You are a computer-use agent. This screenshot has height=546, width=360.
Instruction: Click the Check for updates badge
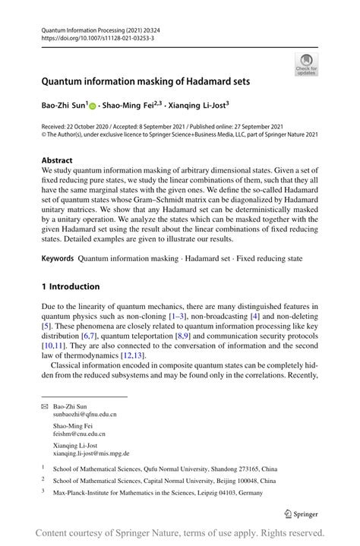306,65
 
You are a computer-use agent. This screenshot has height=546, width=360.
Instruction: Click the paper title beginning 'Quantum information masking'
146,81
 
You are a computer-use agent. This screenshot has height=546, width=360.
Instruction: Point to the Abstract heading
57,160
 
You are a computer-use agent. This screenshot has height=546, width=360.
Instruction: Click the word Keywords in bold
58,258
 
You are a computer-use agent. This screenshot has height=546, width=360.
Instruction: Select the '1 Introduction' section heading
71,286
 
